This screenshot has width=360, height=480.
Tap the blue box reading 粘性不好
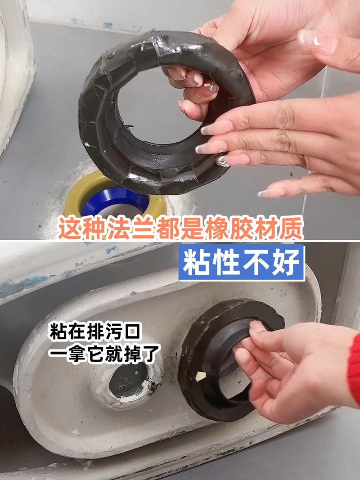point(242,262)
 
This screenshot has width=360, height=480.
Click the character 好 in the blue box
point(286,263)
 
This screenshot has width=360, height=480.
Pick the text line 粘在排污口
point(95,332)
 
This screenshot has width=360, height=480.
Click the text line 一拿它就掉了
point(104,354)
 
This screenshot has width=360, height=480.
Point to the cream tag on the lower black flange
point(201,376)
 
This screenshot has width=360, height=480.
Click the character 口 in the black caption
point(133,332)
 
